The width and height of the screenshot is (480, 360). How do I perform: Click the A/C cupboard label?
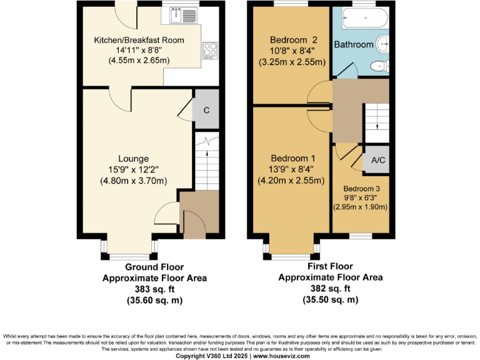coord(378,160)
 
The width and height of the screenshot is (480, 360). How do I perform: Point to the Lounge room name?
coord(134,159)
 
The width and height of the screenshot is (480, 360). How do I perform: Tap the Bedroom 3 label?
coord(361,188)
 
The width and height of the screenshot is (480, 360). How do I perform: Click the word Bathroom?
coord(354,44)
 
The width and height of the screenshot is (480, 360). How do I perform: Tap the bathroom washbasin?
coord(383,43)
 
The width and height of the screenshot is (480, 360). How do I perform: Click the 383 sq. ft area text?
coord(154,289)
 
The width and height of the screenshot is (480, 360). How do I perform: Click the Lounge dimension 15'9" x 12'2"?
coord(134,170)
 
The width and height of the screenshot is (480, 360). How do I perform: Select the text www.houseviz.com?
coord(281,356)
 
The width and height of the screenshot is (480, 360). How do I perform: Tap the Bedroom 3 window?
coord(359,236)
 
